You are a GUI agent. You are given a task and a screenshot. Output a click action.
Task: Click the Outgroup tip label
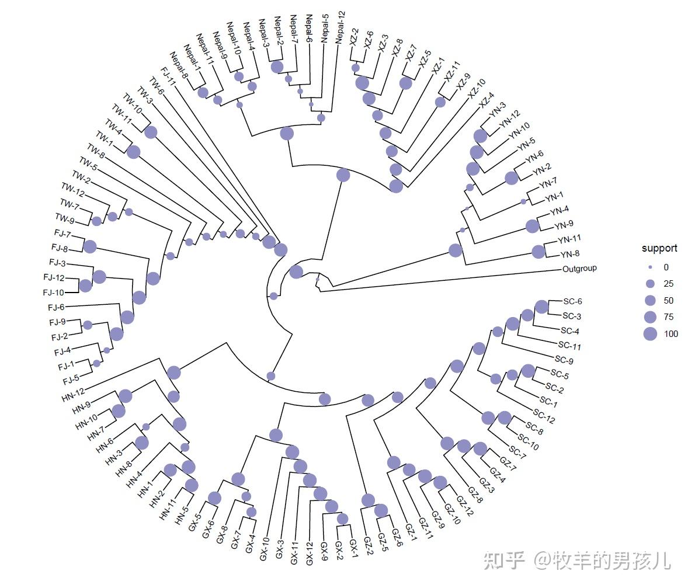pyautogui.click(x=579, y=269)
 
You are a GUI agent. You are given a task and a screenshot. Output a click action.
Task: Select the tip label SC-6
pyautogui.click(x=572, y=302)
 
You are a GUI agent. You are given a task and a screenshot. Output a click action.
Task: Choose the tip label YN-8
pyautogui.click(x=569, y=255)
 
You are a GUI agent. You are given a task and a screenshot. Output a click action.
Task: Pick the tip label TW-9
pyautogui.click(x=65, y=218)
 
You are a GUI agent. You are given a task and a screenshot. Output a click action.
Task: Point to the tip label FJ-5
pyautogui.click(x=71, y=380)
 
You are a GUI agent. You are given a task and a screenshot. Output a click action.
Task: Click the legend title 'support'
pyautogui.click(x=659, y=248)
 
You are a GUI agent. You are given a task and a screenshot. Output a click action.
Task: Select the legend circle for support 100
pyautogui.click(x=650, y=335)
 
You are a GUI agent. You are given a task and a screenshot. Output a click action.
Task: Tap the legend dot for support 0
pyautogui.click(x=650, y=267)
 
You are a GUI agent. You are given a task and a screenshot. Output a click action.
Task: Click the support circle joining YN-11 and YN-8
pyautogui.click(x=538, y=252)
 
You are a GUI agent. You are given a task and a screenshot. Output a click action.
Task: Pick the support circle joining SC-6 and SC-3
pyautogui.click(x=541, y=307)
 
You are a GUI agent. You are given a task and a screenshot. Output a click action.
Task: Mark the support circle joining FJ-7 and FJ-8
pyautogui.click(x=89, y=246)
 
